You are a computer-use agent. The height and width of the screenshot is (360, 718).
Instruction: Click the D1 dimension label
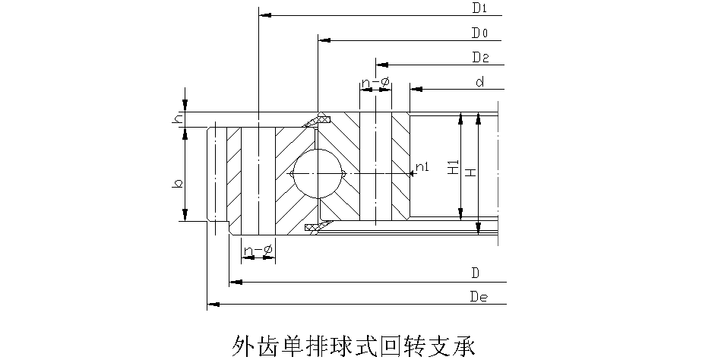[x=479, y=9]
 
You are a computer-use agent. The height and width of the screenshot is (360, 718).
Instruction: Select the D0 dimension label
[x=479, y=33]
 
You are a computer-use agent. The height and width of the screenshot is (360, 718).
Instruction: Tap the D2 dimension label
[x=479, y=58]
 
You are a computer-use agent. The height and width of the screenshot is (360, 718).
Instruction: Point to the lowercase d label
[x=479, y=82]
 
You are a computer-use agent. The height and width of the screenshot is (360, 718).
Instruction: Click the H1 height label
[x=452, y=169]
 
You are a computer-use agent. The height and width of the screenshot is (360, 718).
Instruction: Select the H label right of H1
[x=471, y=172]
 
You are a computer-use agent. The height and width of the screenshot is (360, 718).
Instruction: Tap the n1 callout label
[x=422, y=167]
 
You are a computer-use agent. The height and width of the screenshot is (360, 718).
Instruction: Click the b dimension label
[x=177, y=183]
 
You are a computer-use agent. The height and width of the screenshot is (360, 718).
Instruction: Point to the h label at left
[x=177, y=119]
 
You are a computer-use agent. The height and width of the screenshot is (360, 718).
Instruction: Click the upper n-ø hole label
[x=375, y=82]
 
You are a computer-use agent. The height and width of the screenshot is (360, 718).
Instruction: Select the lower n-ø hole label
[x=258, y=249]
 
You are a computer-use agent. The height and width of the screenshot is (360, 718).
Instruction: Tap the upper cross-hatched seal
[x=318, y=120]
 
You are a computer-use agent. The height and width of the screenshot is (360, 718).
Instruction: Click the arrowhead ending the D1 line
[x=263, y=14]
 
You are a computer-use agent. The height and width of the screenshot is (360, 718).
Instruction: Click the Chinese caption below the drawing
[x=352, y=345]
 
